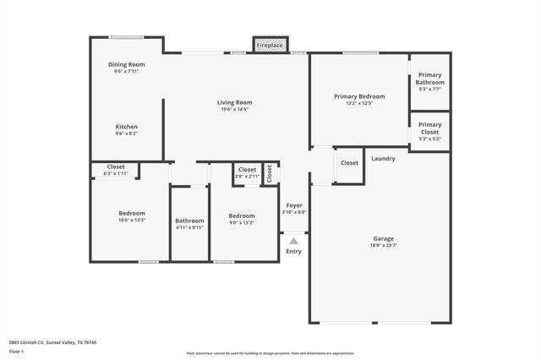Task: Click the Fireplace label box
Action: click(x=270, y=44)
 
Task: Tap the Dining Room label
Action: click(x=127, y=65)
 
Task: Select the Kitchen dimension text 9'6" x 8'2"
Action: click(x=127, y=134)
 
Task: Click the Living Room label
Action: click(x=235, y=102)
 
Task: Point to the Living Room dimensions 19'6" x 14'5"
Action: click(x=235, y=109)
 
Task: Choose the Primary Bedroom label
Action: click(x=359, y=96)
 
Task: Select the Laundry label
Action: click(x=383, y=158)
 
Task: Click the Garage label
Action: click(x=384, y=238)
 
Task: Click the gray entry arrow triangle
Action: click(x=293, y=241)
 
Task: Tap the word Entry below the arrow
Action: click(x=293, y=251)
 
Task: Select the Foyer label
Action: click(x=294, y=205)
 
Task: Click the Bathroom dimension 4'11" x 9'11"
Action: click(x=189, y=227)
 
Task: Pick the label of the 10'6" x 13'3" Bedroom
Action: click(x=132, y=213)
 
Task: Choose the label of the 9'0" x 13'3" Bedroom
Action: click(x=242, y=215)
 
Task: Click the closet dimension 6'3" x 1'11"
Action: click(x=116, y=173)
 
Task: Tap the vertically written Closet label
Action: click(x=270, y=173)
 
